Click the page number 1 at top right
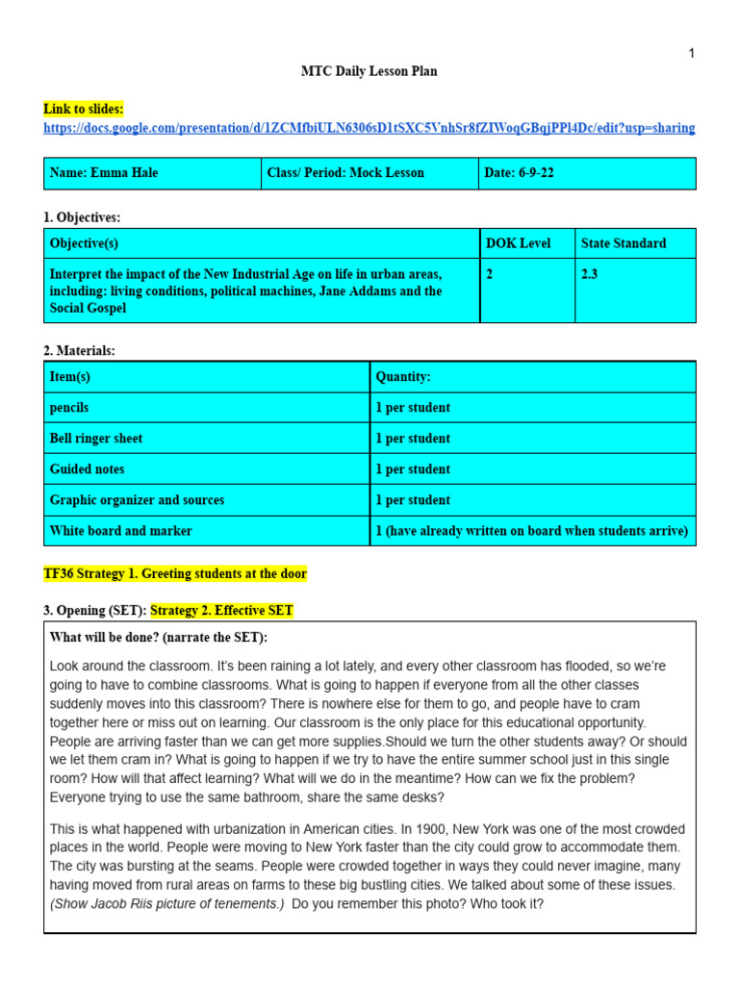pos(691,54)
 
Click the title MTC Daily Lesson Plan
pos(369,72)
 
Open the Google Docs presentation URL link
pos(369,128)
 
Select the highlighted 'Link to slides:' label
pos(84,110)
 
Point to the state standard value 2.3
pos(590,274)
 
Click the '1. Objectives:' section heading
pos(82,218)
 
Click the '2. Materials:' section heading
pos(79,351)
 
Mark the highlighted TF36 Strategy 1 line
pos(175,574)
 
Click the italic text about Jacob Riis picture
pos(166,904)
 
